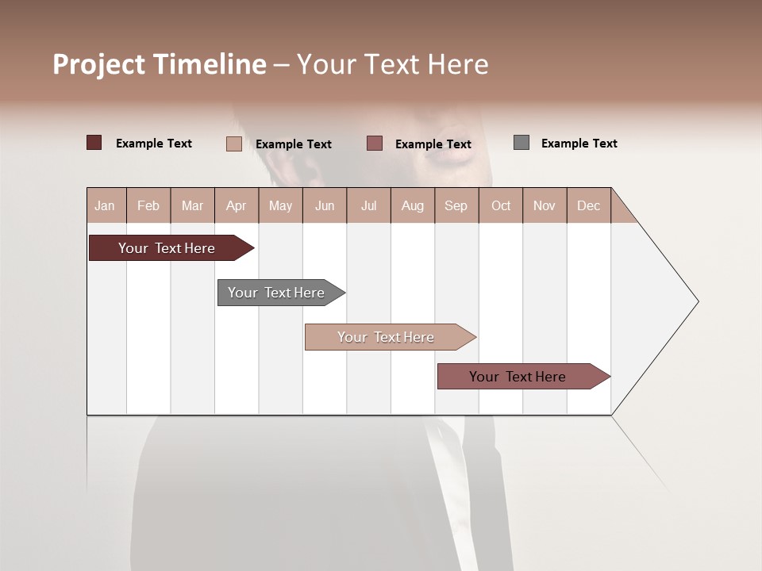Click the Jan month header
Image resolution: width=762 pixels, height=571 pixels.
[106, 205]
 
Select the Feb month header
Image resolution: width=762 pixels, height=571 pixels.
[148, 205]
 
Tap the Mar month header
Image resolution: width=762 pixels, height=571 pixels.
[192, 205]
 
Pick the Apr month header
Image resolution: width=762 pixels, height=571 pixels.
[237, 205]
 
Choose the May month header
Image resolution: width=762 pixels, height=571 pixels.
[280, 205]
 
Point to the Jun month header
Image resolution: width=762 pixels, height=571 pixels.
[325, 205]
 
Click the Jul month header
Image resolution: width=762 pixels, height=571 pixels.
[368, 205]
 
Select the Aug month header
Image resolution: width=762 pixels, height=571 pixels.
[413, 205]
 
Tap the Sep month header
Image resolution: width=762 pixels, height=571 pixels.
[456, 205]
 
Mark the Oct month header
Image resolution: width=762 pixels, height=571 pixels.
[501, 205]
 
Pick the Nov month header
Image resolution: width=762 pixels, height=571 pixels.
[545, 205]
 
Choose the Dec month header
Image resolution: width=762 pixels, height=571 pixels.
[589, 205]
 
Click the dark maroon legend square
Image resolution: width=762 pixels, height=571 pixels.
[94, 143]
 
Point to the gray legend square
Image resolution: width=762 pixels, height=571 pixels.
[521, 143]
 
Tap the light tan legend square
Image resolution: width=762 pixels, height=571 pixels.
[234, 144]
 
